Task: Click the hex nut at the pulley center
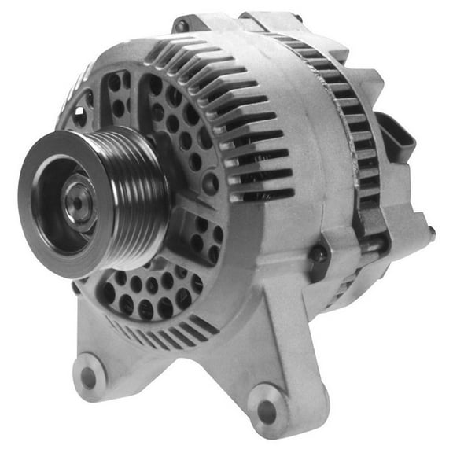pos(79,202)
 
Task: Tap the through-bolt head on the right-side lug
pos(318,253)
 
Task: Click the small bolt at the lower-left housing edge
pos(76,288)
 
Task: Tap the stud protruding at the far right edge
pos(431,232)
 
